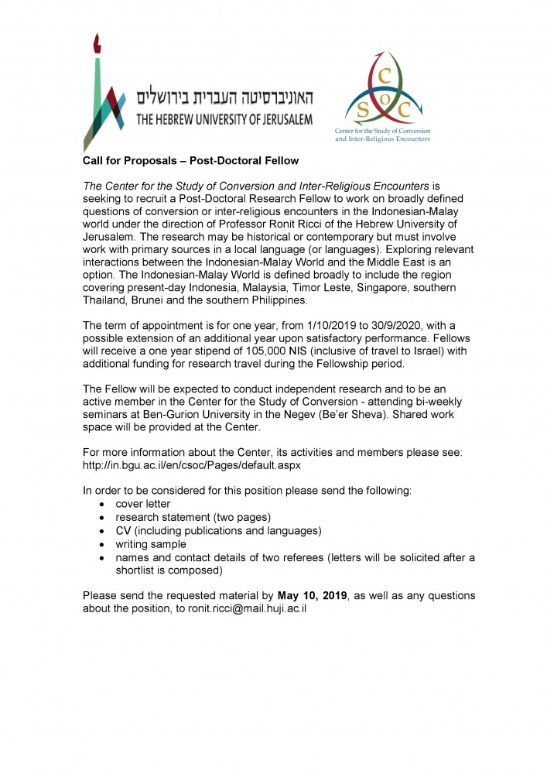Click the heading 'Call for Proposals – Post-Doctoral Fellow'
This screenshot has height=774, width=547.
pos(190,160)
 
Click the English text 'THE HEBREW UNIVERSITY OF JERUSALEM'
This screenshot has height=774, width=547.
pos(224,119)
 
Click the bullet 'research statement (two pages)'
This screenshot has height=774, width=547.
pos(193,516)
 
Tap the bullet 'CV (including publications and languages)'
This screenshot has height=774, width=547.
pos(218,530)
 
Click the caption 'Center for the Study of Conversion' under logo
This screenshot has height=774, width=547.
pos(382,132)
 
